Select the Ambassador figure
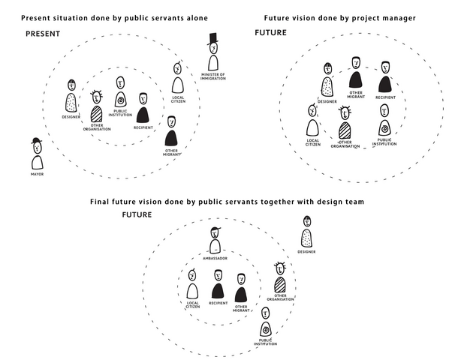(x=215, y=241)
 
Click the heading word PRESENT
(x=43, y=34)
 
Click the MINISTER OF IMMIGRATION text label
(x=213, y=77)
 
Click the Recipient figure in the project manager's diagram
(x=385, y=79)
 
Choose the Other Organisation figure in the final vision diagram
(x=279, y=280)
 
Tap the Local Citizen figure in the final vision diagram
(x=193, y=287)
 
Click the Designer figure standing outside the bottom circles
(x=306, y=234)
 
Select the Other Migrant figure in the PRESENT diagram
(x=172, y=133)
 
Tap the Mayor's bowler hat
(x=35, y=142)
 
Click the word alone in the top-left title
(x=191, y=16)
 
